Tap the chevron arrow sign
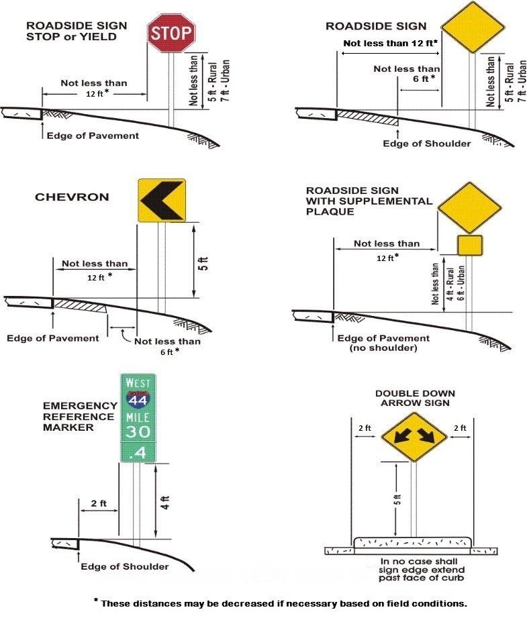[162, 200]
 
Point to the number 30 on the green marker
[138, 431]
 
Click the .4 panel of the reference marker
[138, 452]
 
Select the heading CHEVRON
[71, 197]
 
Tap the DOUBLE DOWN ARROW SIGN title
[415, 398]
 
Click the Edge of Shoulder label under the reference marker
[124, 567]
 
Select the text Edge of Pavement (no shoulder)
[383, 343]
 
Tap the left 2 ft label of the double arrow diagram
[364, 427]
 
